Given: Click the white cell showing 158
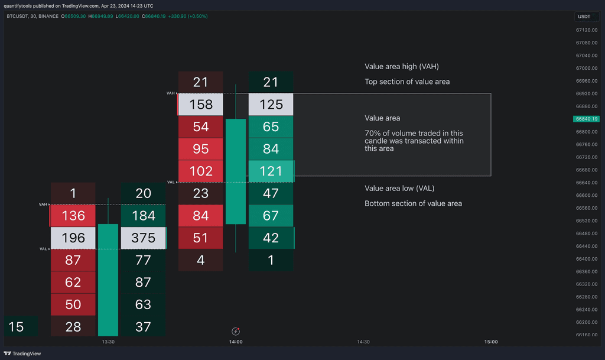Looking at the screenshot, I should [x=201, y=105].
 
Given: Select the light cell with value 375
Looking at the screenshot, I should [x=144, y=238].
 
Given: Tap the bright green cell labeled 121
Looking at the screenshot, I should [x=271, y=171].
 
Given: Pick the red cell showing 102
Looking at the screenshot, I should [x=201, y=171].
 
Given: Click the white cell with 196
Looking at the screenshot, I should [x=73, y=238].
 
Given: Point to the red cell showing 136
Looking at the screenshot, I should [x=73, y=215].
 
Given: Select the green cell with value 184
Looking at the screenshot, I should [x=144, y=215].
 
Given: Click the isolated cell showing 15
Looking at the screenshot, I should [x=17, y=326].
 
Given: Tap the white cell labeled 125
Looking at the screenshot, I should [x=271, y=105].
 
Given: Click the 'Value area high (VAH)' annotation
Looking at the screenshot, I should [x=401, y=67].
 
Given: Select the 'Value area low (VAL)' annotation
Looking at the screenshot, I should [x=399, y=189].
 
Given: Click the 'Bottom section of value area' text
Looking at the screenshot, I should [x=413, y=203].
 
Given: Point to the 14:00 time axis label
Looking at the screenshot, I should [x=236, y=342].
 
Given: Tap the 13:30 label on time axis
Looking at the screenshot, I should [x=108, y=342].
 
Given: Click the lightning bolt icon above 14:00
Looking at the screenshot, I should [x=236, y=331].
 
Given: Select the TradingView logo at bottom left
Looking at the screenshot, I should [x=24, y=353].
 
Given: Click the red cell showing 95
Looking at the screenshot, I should [x=201, y=149].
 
